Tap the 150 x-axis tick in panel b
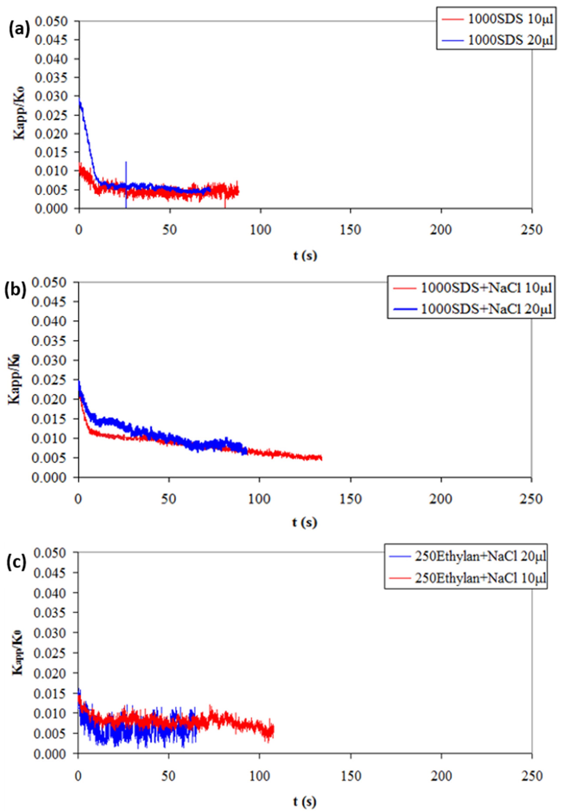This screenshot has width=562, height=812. (351, 499)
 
